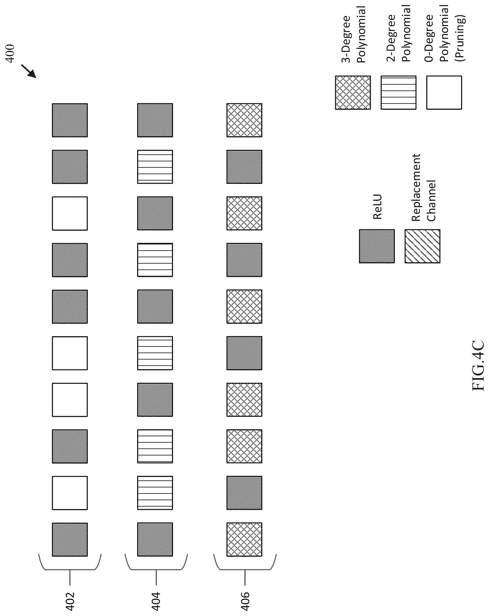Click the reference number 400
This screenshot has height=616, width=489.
coord(10,53)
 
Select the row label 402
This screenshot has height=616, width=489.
coord(70,601)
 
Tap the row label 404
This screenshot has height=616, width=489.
coord(156,601)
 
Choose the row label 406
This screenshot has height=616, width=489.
coord(245,601)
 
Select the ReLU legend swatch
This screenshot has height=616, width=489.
coord(377,246)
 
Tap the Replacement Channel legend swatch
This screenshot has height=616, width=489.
coord(422,246)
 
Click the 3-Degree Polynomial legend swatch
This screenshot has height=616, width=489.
coord(353,93)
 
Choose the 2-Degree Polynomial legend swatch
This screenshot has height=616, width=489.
coord(398,93)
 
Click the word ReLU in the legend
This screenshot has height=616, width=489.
coord(377,207)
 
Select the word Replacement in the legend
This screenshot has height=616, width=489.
coord(416,187)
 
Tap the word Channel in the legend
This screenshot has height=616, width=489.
coord(431,200)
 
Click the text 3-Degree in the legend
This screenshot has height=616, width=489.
coord(346,39)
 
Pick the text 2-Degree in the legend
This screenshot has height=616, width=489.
coord(391,38)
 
